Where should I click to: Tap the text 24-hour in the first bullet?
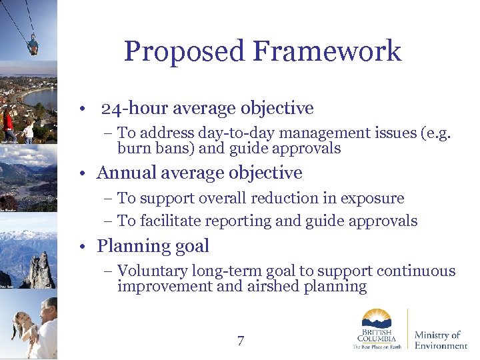(x=133, y=108)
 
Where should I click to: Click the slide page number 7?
(x=241, y=341)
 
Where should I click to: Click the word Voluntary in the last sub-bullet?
(x=152, y=271)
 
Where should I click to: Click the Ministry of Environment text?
(x=440, y=340)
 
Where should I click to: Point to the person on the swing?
(x=32, y=45)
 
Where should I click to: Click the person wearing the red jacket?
(x=9, y=125)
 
